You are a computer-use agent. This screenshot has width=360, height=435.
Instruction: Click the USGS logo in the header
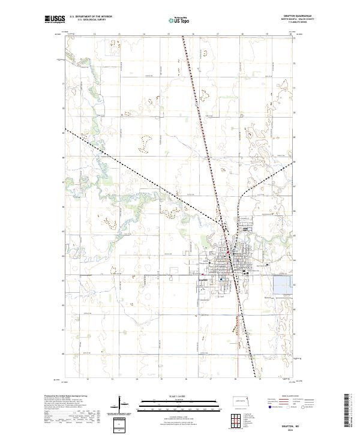click(x=55, y=19)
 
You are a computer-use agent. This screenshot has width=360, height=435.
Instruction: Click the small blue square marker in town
click(x=221, y=279)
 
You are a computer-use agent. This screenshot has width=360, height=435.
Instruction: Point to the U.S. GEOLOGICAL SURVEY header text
click(x=90, y=20)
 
